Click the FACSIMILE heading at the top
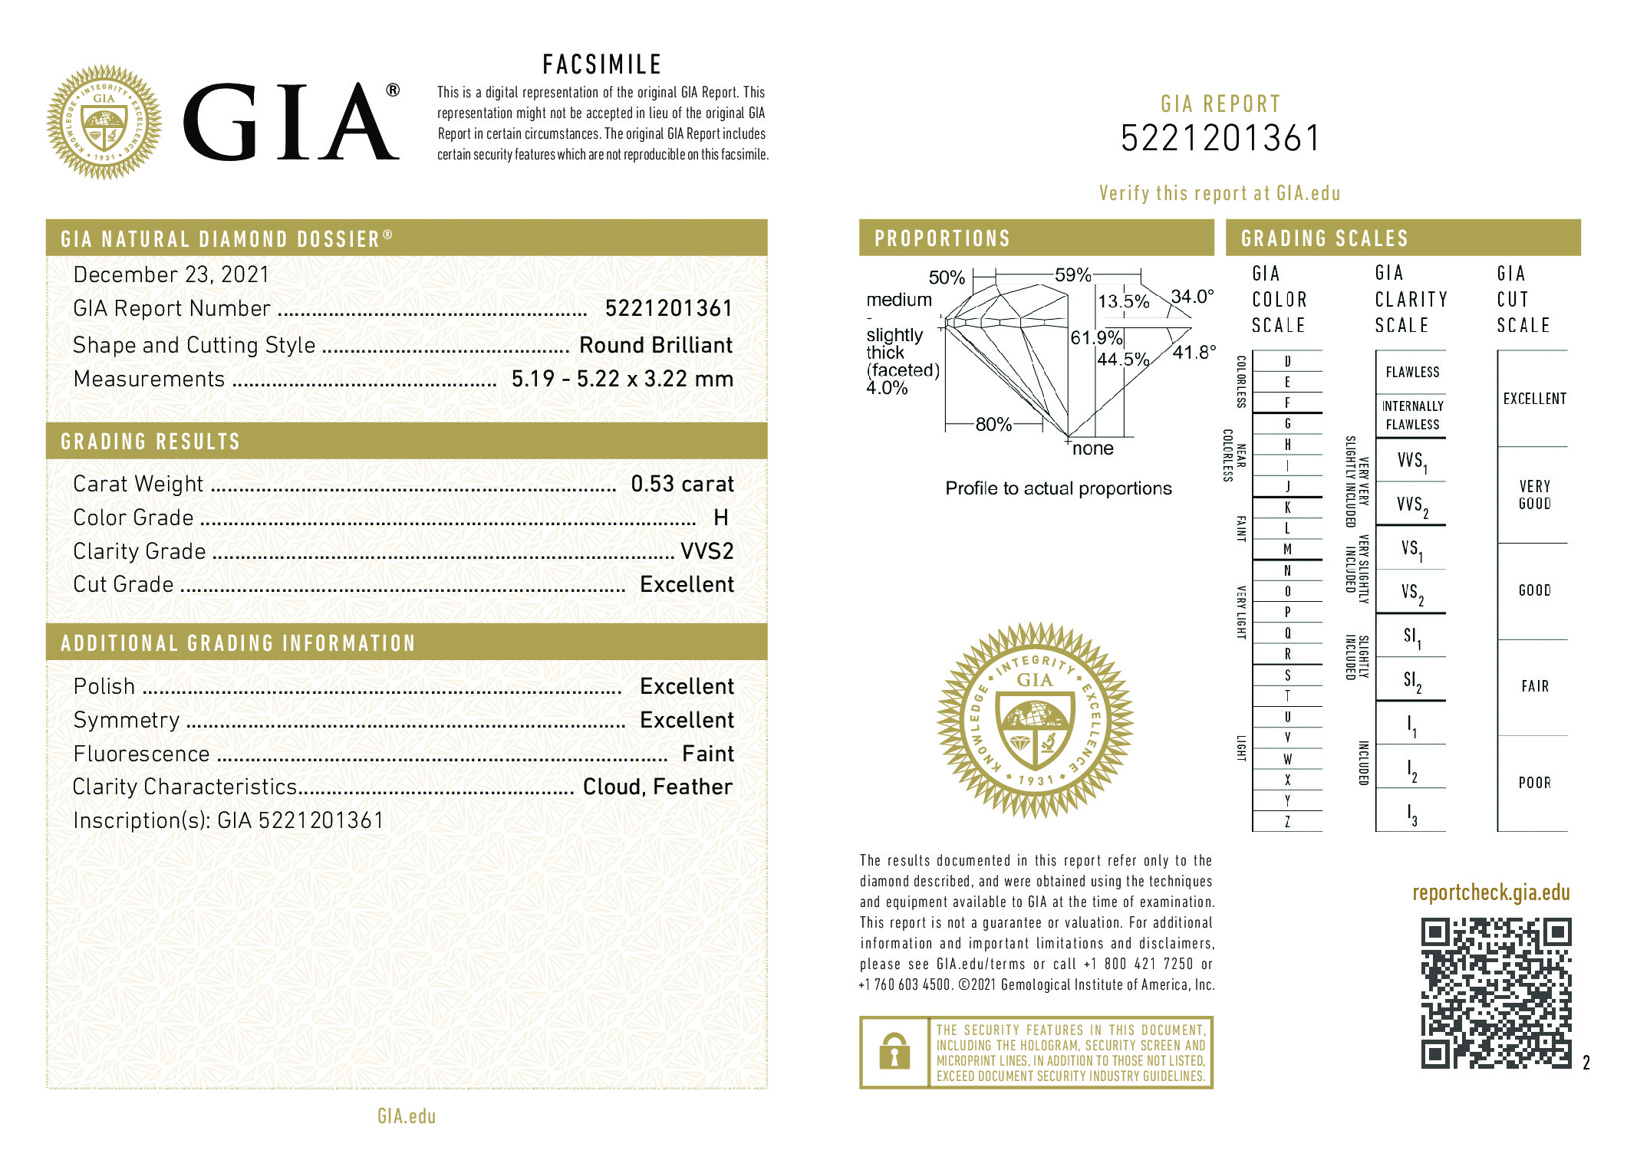[x=601, y=64]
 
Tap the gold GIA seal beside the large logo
[x=104, y=123]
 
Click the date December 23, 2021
[x=171, y=274]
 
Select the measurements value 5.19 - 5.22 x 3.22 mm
[x=622, y=379]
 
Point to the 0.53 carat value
[x=682, y=484]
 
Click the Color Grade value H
[x=720, y=517]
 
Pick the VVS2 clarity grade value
[x=706, y=551]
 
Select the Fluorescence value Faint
[x=707, y=754]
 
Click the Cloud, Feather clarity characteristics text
[x=657, y=787]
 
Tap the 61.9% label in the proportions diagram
[x=1096, y=337]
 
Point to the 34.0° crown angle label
[x=1193, y=296]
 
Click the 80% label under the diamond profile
[x=993, y=424]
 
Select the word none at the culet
[x=1092, y=449]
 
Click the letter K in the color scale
[x=1287, y=508]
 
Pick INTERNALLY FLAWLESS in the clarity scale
[x=1412, y=415]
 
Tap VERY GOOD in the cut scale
[x=1534, y=495]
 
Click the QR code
[x=1495, y=993]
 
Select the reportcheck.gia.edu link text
[x=1490, y=892]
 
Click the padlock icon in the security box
[x=894, y=1052]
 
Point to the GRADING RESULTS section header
[x=150, y=442]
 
